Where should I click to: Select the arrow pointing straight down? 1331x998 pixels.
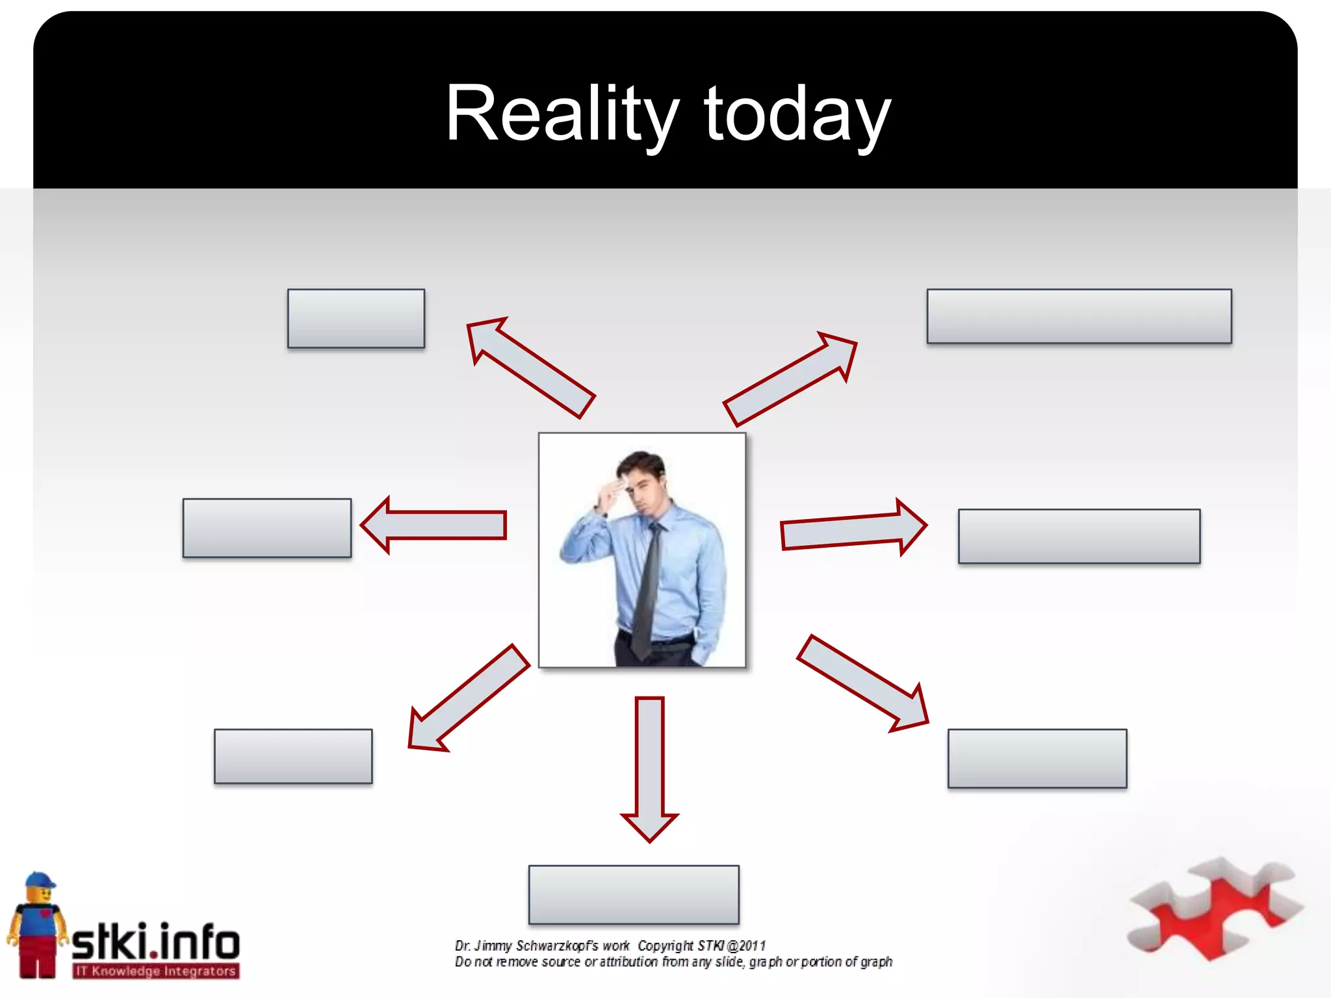[x=649, y=767]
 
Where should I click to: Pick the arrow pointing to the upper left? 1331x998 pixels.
[x=530, y=367]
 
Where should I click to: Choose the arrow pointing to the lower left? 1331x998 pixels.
[x=469, y=698]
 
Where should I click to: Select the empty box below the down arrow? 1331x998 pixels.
[x=634, y=895]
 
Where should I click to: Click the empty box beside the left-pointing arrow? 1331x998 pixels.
[x=267, y=528]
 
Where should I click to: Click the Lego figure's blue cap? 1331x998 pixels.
[x=40, y=880]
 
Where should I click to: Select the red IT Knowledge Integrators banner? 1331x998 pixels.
[x=156, y=971]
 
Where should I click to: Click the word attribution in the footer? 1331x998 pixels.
[x=628, y=962]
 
